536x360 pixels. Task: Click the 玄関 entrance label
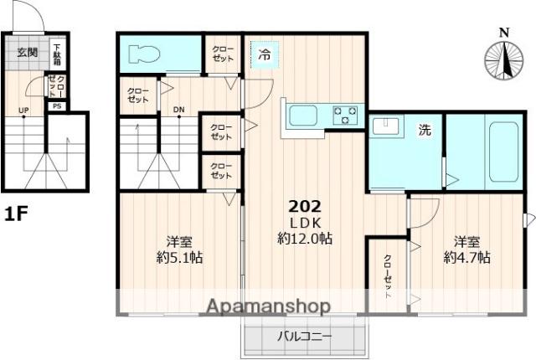(27, 53)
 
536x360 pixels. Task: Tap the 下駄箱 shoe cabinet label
(58, 54)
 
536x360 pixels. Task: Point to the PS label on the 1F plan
(56, 106)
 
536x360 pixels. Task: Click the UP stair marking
(24, 111)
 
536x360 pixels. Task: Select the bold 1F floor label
(16, 214)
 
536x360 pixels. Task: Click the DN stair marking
(178, 110)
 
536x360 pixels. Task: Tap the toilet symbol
(145, 55)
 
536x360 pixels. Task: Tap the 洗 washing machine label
(425, 130)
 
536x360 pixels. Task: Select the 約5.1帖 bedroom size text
(179, 257)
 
